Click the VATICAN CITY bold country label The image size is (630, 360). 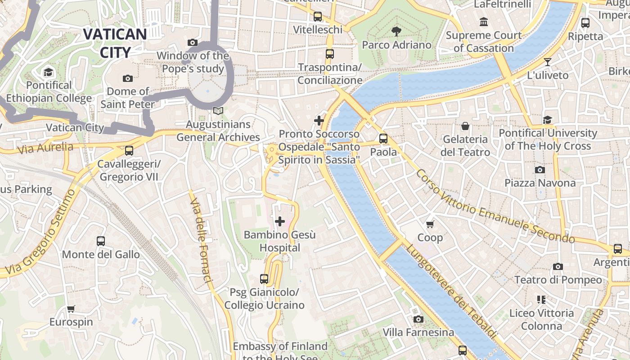(115, 43)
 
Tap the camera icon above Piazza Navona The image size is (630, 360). (540, 170)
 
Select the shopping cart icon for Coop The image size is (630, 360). (430, 224)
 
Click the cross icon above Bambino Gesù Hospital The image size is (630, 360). (280, 221)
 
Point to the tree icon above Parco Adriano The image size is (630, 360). (396, 31)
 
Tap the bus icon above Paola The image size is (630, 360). (383, 139)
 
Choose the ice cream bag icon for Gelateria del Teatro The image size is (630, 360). (465, 126)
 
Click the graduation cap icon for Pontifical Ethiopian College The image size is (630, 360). (48, 72)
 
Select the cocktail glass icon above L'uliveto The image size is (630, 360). (547, 62)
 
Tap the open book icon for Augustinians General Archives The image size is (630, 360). (218, 111)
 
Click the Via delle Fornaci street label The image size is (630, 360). (200, 240)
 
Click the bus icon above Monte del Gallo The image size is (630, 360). (101, 241)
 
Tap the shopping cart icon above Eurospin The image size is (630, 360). (71, 309)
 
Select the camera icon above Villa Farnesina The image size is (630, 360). (418, 319)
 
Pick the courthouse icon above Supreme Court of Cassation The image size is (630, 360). (484, 22)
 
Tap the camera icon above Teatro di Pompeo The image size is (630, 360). (558, 266)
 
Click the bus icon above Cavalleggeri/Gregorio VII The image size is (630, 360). (129, 151)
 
